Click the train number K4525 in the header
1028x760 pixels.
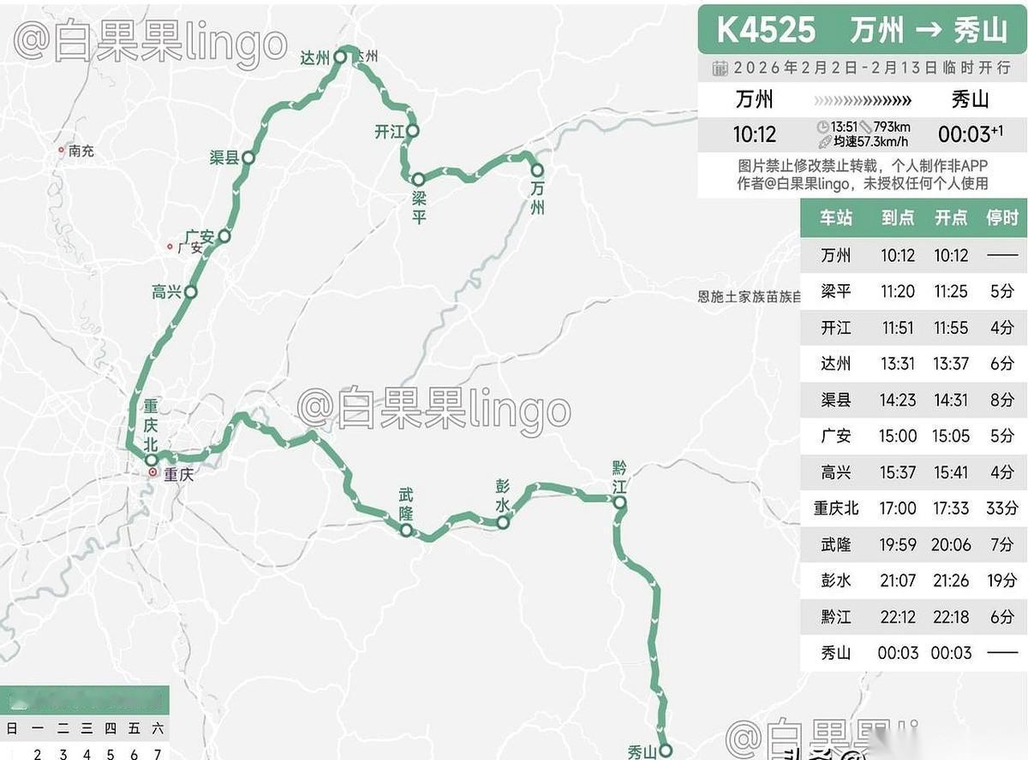[765, 30]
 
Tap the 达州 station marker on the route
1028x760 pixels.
[339, 57]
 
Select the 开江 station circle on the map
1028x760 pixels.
[412, 131]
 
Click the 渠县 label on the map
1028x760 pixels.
[224, 157]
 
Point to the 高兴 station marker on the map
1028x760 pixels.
[190, 292]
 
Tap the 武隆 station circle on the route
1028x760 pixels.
[407, 531]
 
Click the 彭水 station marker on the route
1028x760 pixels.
[504, 522]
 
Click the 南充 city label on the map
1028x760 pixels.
[81, 151]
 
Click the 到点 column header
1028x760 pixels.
[898, 217]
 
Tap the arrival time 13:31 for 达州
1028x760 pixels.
[898, 364]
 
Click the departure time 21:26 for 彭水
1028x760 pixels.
[950, 581]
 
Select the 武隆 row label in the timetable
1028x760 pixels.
[835, 544]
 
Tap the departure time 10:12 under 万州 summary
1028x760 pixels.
[754, 134]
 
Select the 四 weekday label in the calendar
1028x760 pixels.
[111, 729]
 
